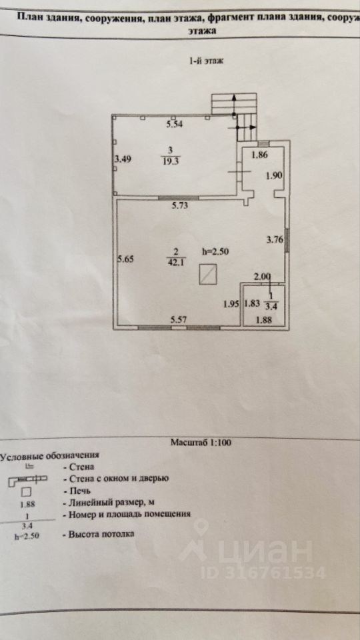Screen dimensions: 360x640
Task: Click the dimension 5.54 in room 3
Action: click(174, 125)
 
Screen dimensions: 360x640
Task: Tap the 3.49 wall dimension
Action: click(122, 159)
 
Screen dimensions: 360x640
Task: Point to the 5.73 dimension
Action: click(179, 206)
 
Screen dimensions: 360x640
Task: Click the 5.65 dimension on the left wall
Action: click(125, 259)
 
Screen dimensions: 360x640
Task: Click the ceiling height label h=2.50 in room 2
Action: click(215, 252)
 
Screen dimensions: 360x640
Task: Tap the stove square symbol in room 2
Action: click(208, 274)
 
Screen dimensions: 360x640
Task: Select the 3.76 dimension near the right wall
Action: click(275, 240)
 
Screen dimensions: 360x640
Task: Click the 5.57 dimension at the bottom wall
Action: click(179, 321)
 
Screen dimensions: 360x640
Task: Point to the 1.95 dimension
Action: click(231, 304)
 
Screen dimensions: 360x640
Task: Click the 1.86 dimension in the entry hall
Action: click(259, 155)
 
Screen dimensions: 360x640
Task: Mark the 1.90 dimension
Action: click(274, 176)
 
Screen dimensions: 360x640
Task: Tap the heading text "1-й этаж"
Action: click(206, 61)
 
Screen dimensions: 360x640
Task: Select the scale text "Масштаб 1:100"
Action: click(201, 443)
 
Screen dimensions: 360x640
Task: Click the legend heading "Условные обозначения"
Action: click(49, 455)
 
